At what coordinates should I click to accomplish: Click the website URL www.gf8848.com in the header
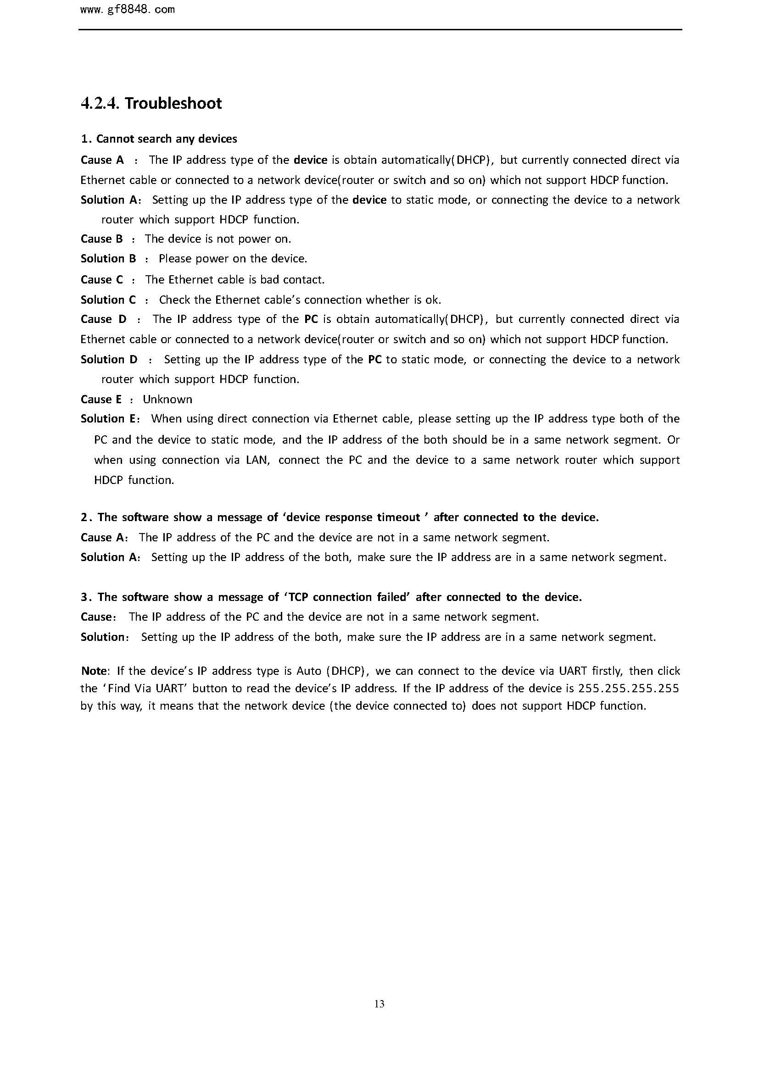127,10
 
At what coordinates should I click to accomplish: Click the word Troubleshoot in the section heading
173,103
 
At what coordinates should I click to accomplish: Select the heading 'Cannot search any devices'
167,139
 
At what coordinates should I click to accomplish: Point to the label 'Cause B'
101,239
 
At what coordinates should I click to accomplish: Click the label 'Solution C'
108,300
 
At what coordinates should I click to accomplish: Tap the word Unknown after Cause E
167,399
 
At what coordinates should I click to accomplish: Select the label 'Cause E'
101,399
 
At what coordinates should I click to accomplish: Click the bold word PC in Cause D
311,319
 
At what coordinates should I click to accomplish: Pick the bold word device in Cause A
310,160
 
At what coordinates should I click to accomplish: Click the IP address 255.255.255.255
629,689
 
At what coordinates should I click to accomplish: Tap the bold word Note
94,671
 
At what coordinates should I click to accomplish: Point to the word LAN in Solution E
257,460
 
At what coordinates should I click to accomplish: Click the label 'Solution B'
108,258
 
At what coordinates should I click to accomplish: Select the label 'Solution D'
109,359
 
